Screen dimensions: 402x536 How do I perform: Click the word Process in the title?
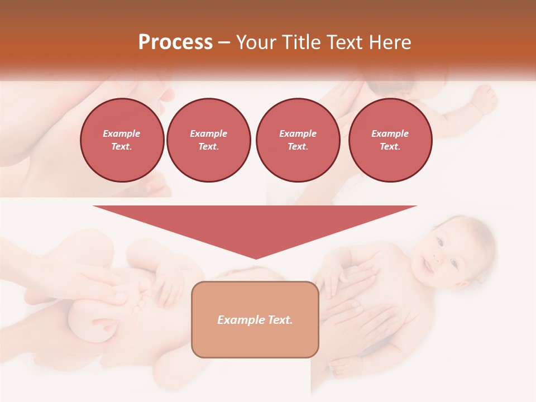pos(175,42)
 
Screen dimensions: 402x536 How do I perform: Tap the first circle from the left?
pos(122,140)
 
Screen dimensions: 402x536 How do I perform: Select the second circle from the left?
pos(208,140)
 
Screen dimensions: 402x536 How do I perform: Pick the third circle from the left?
pos(298,140)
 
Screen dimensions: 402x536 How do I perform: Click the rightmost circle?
pos(390,140)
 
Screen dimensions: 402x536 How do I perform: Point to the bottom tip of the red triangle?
pos(256,259)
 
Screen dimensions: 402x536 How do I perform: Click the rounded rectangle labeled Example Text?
pos(255,335)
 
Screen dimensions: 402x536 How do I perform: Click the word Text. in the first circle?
pos(122,147)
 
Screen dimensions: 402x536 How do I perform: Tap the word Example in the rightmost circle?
pos(390,133)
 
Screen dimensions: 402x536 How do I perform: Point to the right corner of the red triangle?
pos(416,207)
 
